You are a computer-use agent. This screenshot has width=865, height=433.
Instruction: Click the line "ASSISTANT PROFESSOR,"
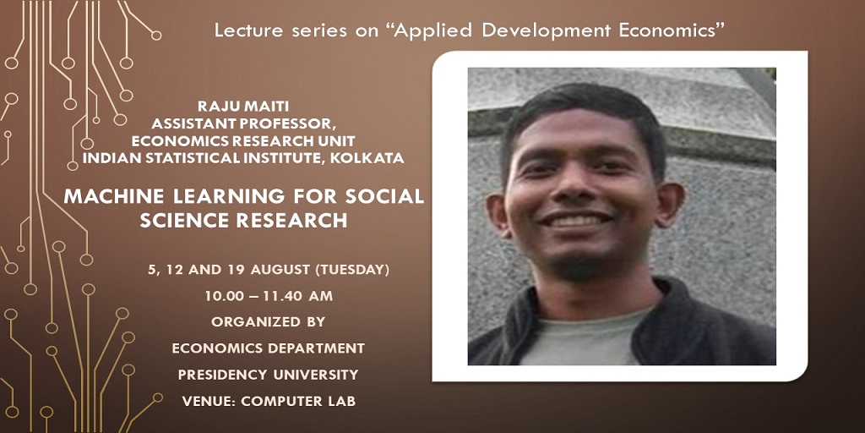pyautogui.click(x=243, y=123)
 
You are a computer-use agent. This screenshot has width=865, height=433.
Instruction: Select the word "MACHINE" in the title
pyautogui.click(x=114, y=196)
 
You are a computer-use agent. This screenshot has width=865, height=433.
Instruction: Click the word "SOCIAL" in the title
pyautogui.click(x=384, y=196)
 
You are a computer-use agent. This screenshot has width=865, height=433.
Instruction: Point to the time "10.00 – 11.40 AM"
pyautogui.click(x=269, y=297)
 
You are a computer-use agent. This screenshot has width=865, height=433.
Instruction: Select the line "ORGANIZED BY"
pyautogui.click(x=268, y=322)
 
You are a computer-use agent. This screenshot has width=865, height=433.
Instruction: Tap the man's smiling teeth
pyautogui.click(x=574, y=219)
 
